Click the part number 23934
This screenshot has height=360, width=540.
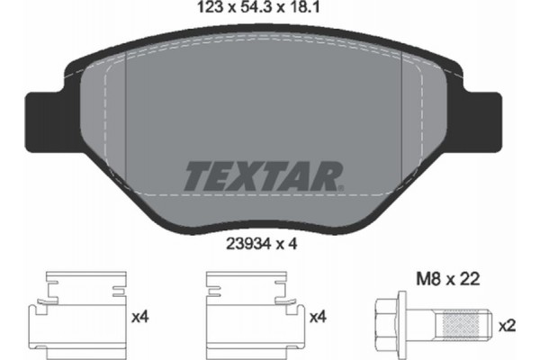(247, 242)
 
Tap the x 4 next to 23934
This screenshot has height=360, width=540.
(287, 242)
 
